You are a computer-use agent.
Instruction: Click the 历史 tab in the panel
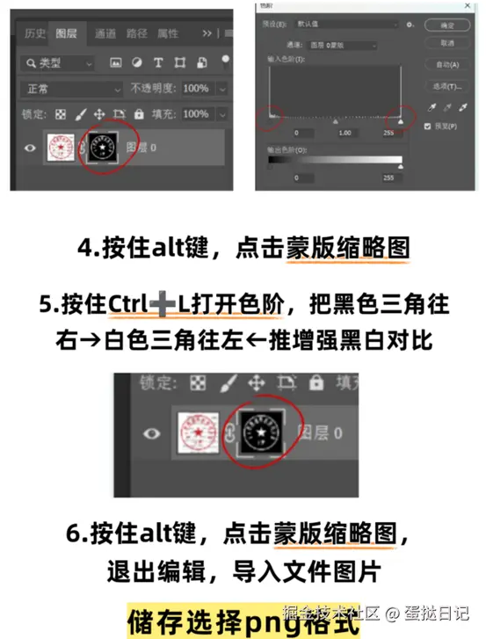click(x=35, y=34)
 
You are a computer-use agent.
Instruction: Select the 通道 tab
click(x=105, y=34)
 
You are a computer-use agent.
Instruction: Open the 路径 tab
click(x=136, y=34)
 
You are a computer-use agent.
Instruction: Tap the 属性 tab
click(x=168, y=34)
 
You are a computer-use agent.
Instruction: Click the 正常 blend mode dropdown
click(x=70, y=89)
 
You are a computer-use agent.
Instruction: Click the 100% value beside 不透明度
click(x=196, y=89)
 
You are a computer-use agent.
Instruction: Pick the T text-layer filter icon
click(x=158, y=63)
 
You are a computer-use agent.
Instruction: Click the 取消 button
click(x=447, y=42)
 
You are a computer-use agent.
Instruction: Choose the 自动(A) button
click(x=447, y=64)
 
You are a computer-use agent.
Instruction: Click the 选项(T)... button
click(x=447, y=86)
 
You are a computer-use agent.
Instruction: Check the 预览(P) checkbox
click(x=428, y=127)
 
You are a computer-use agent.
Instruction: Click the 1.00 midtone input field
click(x=345, y=133)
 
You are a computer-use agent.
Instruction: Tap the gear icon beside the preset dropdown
click(x=410, y=25)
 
